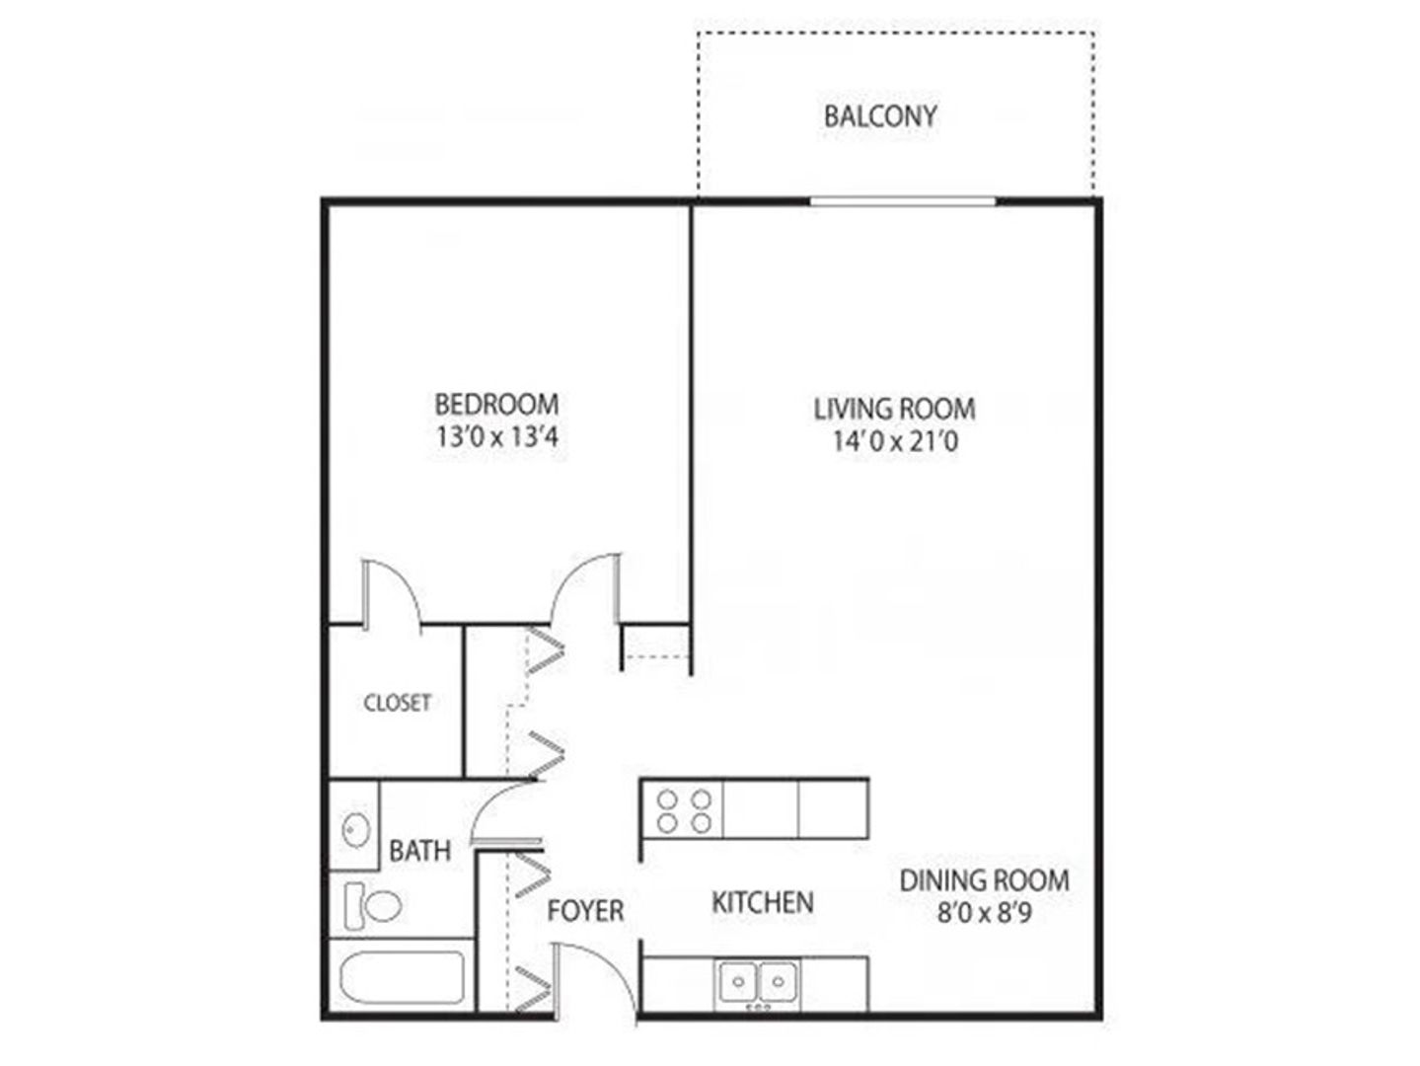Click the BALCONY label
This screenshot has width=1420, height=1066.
point(880,116)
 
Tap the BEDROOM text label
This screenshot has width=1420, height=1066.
point(496,405)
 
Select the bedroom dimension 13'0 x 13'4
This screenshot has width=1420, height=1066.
point(496,437)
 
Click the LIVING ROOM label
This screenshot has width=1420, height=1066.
point(894,409)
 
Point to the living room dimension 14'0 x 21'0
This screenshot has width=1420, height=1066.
point(895,442)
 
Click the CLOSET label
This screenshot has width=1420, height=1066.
point(397,703)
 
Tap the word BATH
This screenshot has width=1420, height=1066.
point(419,851)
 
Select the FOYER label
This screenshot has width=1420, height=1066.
point(585,911)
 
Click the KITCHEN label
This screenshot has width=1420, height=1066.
point(763,902)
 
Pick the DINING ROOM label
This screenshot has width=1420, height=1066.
point(985,880)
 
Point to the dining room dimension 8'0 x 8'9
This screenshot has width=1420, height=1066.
point(984,913)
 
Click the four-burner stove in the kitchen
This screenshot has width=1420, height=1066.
point(683,811)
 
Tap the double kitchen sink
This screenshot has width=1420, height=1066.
point(758,983)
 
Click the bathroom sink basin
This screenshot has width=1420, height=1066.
point(355,828)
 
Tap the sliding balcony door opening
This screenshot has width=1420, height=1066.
point(903,201)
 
